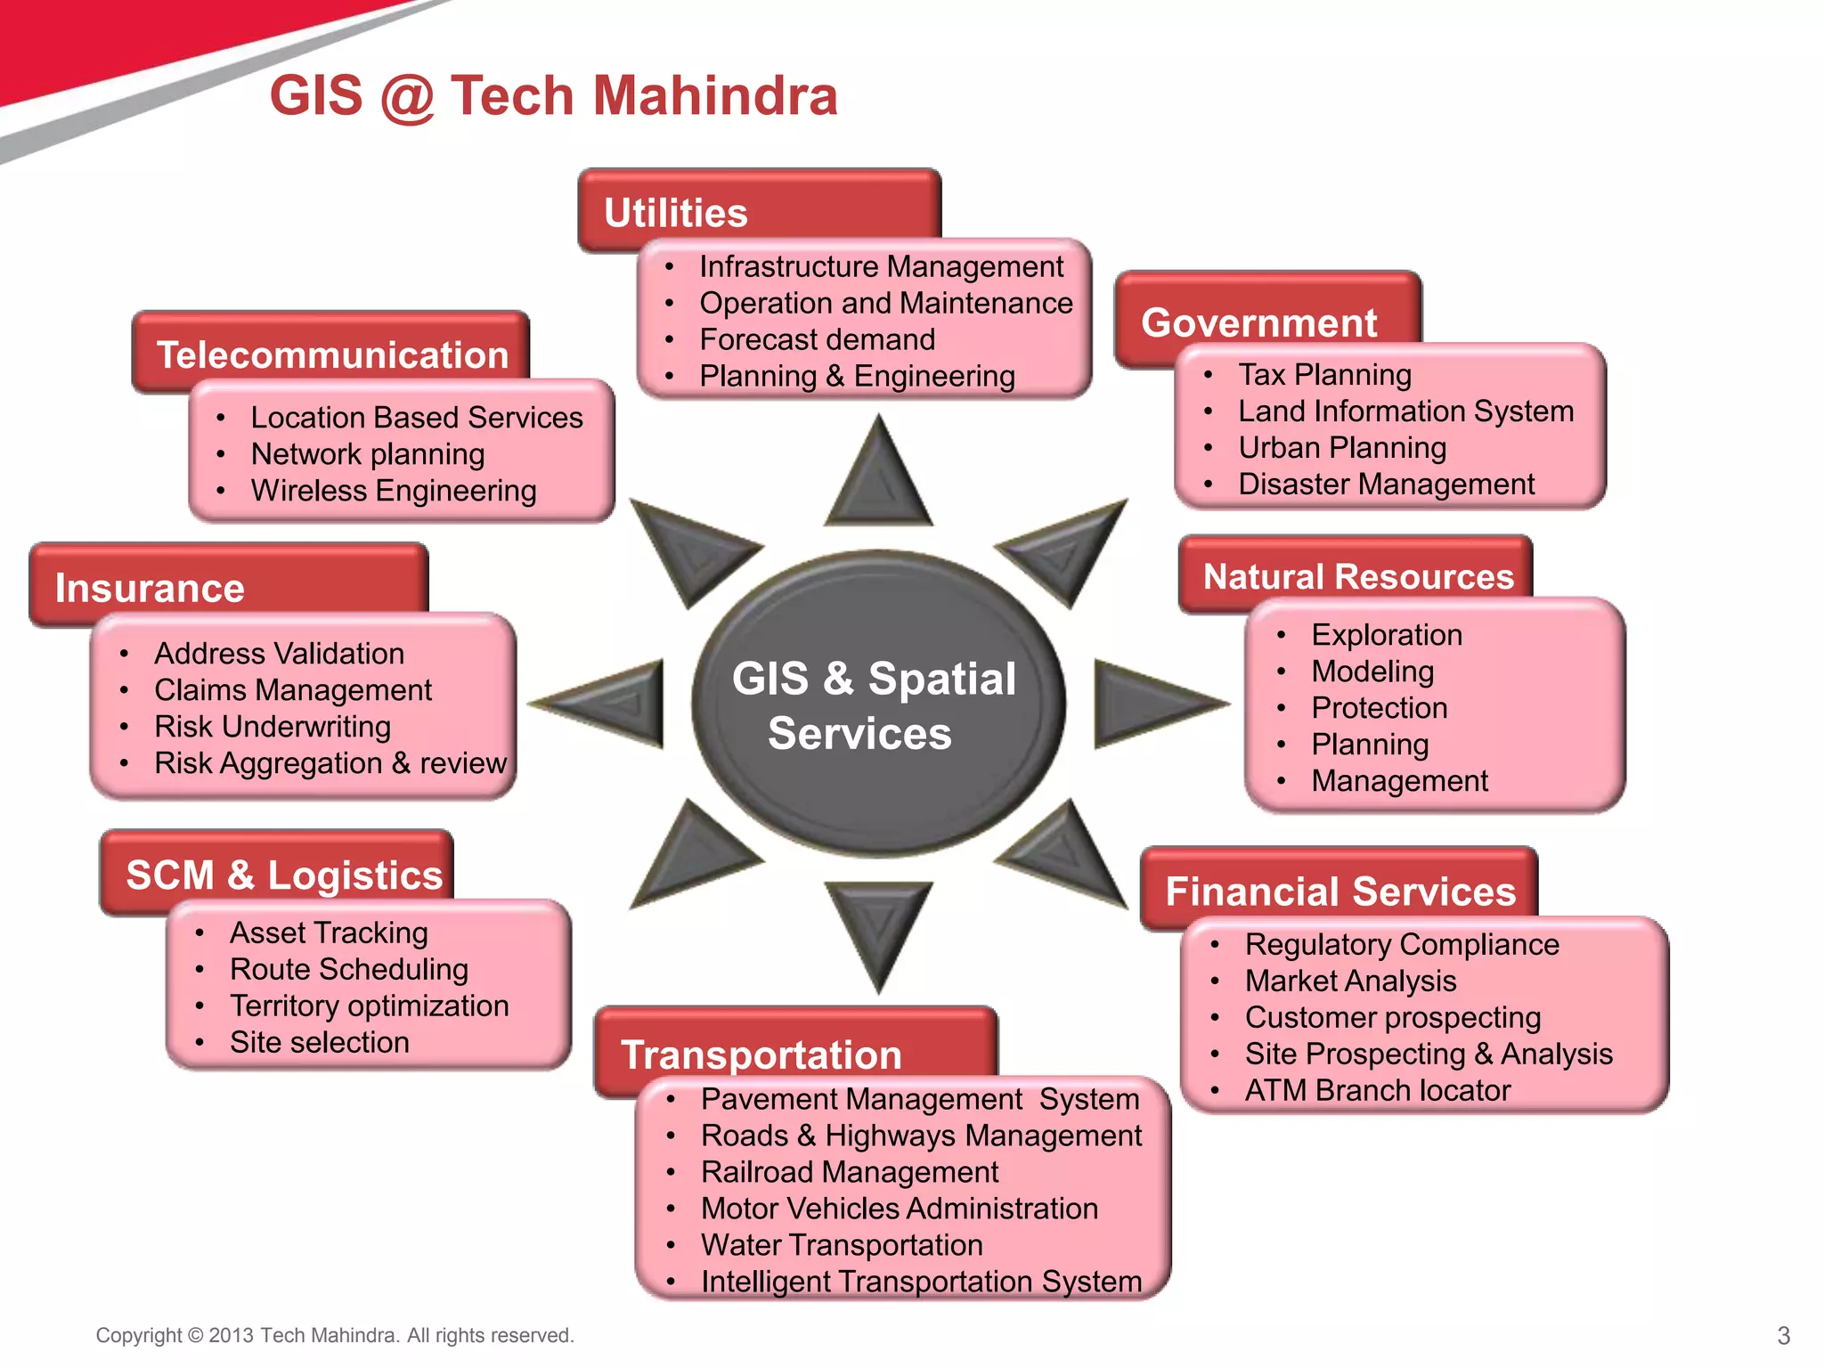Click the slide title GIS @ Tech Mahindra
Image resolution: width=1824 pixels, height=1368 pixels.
pos(553,95)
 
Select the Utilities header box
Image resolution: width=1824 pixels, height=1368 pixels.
pos(759,210)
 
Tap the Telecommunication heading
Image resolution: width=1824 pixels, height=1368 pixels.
pos(332,354)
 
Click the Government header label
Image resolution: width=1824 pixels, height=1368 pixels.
pos(1258,322)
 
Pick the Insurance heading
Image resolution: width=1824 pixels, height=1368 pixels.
pos(150,588)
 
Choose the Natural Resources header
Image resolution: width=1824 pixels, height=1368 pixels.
pos(1357,576)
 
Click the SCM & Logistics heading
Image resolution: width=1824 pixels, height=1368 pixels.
pos(284,874)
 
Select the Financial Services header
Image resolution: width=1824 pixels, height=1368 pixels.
pos(1339,891)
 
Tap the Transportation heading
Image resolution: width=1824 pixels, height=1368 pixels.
pos(761,1054)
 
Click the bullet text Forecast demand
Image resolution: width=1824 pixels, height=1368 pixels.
pos(817,339)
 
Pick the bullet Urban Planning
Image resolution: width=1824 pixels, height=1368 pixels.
pos(1341,447)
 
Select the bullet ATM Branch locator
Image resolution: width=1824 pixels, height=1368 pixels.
pos(1377,1090)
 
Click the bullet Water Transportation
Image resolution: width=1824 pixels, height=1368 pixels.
pos(842,1244)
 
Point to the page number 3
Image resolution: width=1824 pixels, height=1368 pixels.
pos(1783,1335)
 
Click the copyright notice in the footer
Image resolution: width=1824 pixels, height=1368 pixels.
pos(335,1335)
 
